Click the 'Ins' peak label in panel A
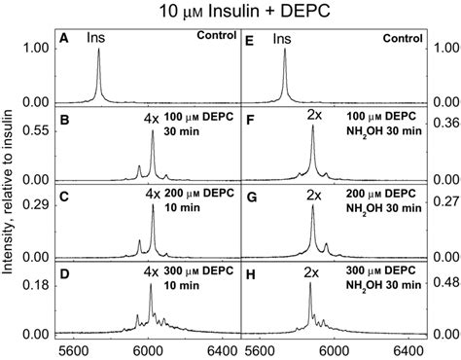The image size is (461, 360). tap(97, 39)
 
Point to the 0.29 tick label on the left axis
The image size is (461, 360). tap(33, 205)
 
